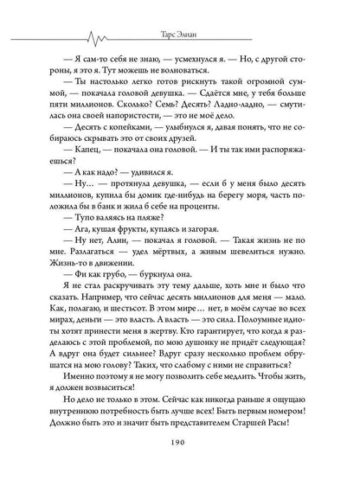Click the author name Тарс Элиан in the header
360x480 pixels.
(179, 12)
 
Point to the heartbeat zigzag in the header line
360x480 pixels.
(96, 13)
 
